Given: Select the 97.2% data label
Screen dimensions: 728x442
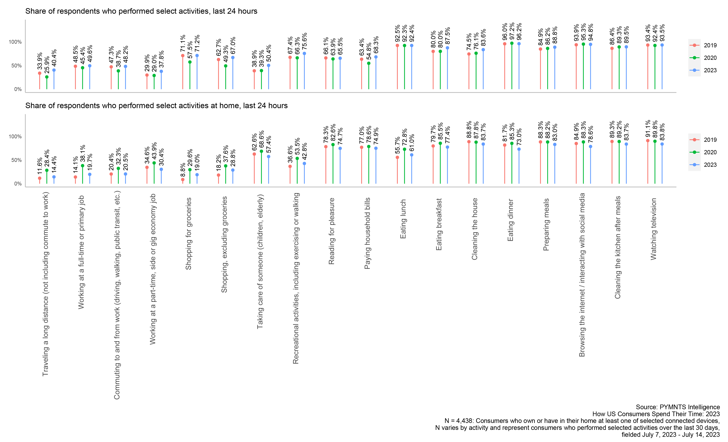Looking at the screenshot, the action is click(512, 31).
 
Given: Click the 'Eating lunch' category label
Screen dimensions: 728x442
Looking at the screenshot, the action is click(403, 219).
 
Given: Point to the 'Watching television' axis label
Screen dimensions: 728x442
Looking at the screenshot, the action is click(653, 229).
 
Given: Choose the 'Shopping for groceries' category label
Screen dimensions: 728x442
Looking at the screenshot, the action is click(189, 233).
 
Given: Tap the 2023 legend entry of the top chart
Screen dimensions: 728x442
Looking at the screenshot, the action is click(703, 70).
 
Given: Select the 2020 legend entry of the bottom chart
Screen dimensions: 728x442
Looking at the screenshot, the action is click(703, 152).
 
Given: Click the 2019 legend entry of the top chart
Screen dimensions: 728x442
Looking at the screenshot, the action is click(703, 45).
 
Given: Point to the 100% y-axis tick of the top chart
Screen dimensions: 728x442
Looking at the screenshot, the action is click(15, 42).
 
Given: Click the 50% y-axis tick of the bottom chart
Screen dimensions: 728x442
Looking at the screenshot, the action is click(16, 160).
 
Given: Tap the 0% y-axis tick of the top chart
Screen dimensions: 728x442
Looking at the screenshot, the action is click(18, 89).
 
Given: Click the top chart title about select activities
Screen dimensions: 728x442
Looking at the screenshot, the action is click(141, 11).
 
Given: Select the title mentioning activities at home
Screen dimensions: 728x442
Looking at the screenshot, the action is click(156, 106).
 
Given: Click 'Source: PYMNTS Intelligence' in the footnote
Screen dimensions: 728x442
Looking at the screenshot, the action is click(678, 407).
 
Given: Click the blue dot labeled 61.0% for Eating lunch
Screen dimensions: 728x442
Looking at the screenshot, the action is click(411, 155).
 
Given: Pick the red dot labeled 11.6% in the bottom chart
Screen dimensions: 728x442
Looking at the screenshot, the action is click(40, 178).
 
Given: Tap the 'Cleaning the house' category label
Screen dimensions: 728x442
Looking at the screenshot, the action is click(475, 229).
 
